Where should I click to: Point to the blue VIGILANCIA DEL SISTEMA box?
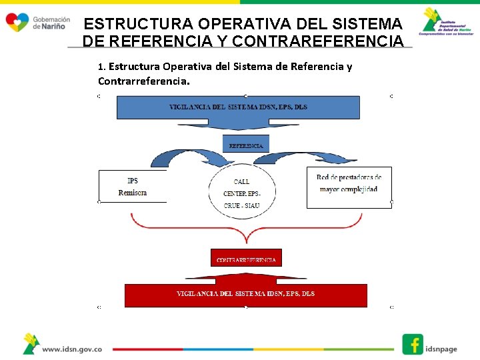pos(238,107)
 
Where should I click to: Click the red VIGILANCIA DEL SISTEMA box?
pos(245,295)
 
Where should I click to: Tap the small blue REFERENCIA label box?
pos(245,144)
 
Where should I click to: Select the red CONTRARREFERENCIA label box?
pos(246,258)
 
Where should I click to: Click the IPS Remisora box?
pos(132,187)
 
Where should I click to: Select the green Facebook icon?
pos(413,344)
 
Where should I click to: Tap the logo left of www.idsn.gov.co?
pos(31,343)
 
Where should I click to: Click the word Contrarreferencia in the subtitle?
pos(143,81)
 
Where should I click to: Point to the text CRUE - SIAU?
pos(241,205)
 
